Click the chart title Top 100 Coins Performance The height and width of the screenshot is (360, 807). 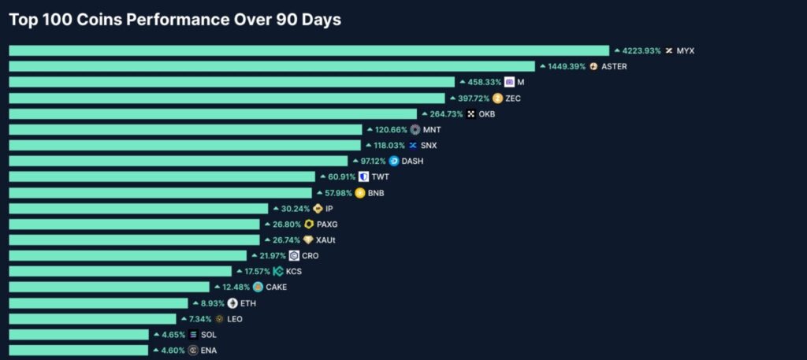[175, 20]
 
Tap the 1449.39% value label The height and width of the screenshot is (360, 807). [567, 66]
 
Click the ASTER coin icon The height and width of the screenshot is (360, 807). [593, 66]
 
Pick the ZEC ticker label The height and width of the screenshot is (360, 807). [513, 98]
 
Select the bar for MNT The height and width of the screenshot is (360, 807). [185, 130]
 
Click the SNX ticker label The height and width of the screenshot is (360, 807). [429, 146]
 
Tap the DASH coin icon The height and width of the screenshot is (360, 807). [394, 161]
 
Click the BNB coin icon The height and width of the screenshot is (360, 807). [360, 193]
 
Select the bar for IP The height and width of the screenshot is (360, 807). [139, 209]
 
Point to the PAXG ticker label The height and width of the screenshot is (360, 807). [327, 225]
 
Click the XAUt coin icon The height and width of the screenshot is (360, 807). [308, 240]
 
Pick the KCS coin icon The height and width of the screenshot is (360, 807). [278, 272]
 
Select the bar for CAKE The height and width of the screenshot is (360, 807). [109, 288]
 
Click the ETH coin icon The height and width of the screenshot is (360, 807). [232, 303]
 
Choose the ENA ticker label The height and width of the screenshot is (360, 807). [209, 351]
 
